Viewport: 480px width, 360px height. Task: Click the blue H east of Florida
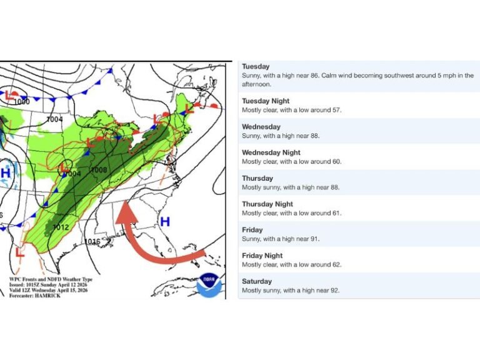(x=165, y=222)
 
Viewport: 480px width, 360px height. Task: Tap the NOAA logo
(x=209, y=284)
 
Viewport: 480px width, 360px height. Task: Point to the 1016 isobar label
(x=92, y=242)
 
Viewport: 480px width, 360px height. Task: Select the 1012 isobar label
(x=61, y=227)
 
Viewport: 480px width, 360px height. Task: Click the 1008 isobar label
(x=99, y=170)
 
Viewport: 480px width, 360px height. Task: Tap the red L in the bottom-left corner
(x=20, y=253)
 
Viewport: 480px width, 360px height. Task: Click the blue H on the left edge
(x=6, y=172)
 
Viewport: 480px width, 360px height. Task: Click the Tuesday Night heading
(x=266, y=101)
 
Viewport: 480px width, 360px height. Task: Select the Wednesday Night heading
(x=271, y=152)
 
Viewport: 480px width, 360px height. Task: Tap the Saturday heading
(x=257, y=281)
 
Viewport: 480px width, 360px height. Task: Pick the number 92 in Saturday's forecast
(x=334, y=290)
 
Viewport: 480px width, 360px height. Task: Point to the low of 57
(x=337, y=110)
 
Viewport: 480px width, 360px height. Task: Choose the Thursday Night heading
(x=267, y=204)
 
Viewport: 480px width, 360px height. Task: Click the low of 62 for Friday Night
(x=337, y=264)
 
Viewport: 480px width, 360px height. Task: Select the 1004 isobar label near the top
(x=55, y=119)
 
